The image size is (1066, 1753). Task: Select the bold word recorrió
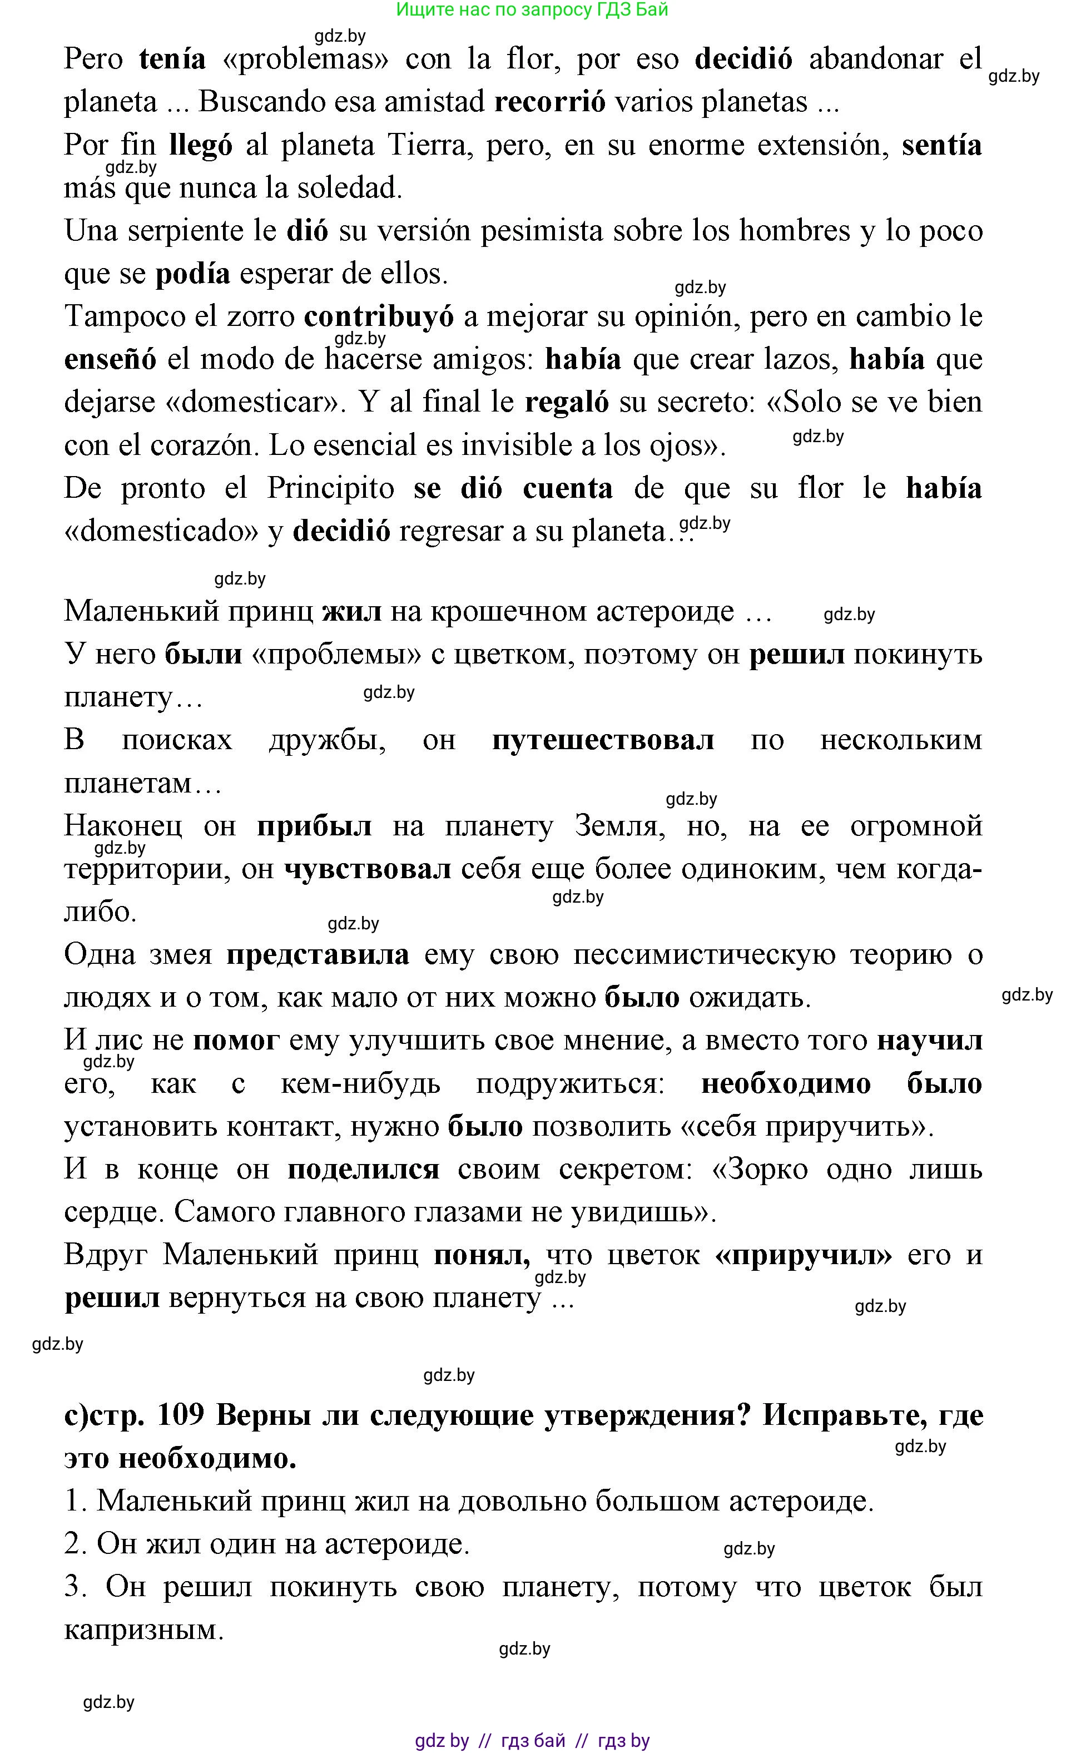550,102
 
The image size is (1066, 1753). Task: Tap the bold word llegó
201,146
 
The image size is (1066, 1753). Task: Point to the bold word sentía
941,145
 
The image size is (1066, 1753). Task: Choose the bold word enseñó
110,360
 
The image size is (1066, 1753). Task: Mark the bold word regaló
566,403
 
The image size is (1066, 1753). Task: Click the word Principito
331,489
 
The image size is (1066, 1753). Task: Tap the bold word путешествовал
603,741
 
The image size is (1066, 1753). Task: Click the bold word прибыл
314,826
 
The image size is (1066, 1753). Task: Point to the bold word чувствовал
368,869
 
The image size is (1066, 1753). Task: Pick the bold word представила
318,955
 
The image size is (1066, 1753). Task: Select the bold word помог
236,1041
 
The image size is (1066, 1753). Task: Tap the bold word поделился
363,1170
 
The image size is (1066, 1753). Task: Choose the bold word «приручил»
804,1255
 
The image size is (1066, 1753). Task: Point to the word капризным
143,1630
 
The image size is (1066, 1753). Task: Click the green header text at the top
532,10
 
